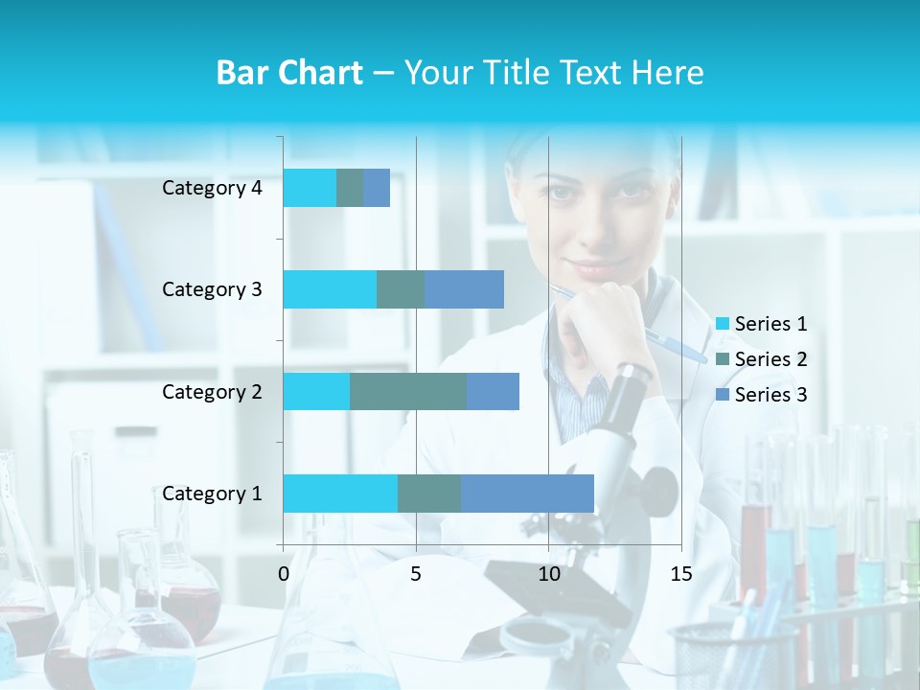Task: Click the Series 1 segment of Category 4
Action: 310,188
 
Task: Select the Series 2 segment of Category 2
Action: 408,391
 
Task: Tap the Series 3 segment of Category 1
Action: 527,493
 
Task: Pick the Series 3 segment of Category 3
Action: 464,289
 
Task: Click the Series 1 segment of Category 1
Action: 340,493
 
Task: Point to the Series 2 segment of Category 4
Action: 350,188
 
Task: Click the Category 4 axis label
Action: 212,188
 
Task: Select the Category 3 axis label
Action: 212,289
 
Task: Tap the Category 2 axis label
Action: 212,391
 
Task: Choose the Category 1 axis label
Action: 212,494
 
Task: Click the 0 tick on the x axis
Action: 284,574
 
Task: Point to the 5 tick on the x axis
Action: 416,574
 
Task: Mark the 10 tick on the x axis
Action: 548,574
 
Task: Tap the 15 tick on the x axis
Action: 680,574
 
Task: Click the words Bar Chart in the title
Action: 289,73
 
